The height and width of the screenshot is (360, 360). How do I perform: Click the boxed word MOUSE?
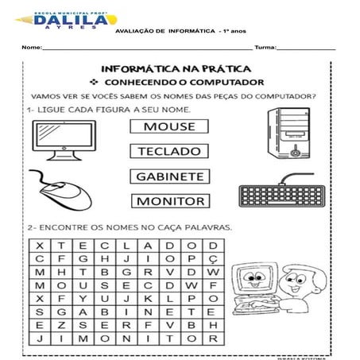point(170,126)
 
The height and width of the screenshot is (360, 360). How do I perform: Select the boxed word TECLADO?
point(169,151)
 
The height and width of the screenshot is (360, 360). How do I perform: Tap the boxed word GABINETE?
point(170,176)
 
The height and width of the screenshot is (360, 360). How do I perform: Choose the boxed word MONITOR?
point(170,201)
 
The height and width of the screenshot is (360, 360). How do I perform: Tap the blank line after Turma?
point(307,49)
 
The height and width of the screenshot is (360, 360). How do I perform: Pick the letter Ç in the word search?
point(212,258)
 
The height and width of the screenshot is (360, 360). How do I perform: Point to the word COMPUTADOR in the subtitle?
point(230,83)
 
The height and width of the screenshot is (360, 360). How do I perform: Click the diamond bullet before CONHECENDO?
point(94,83)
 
